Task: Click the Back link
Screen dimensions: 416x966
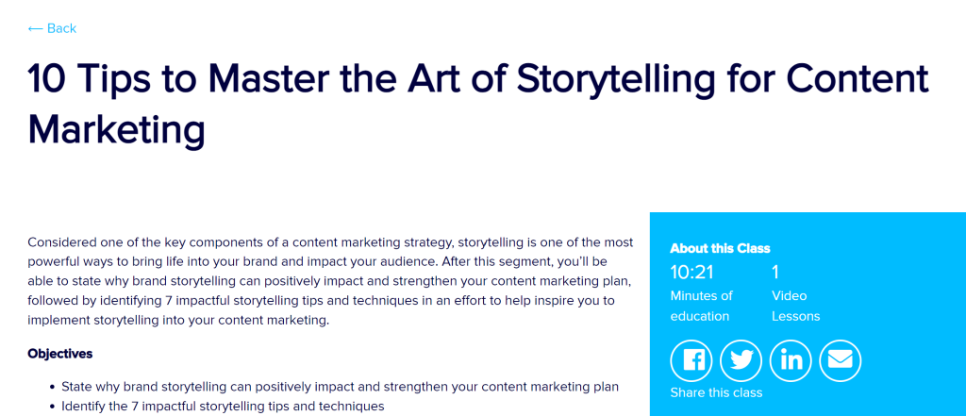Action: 52,28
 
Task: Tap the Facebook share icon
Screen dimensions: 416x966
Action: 693,359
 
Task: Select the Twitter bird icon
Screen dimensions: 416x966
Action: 741,359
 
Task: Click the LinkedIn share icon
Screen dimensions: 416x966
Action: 791,359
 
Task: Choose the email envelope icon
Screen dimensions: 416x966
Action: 840,359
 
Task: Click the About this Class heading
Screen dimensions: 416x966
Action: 720,248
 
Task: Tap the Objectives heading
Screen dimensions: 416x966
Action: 60,354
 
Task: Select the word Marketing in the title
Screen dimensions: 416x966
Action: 116,128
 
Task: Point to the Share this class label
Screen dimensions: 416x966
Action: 716,392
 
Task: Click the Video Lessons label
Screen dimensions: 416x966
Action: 795,306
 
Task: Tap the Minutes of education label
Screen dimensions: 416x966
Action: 701,306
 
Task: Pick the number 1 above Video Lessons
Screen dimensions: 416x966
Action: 775,273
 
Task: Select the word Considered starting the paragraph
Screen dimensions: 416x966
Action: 67,241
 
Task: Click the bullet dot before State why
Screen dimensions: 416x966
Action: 52,387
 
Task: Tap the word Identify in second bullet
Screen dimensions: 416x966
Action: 87,406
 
